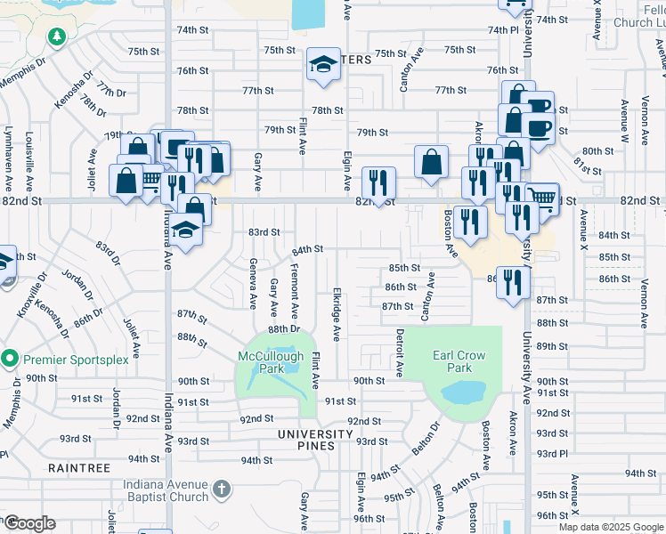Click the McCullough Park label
(x=271, y=361)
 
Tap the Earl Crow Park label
(x=459, y=360)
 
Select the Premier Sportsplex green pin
(x=10, y=360)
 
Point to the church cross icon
(x=222, y=489)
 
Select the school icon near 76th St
(x=324, y=64)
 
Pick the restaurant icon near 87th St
(x=513, y=283)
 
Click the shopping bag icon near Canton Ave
(x=431, y=163)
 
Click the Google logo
(x=29, y=523)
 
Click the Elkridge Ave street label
(x=337, y=313)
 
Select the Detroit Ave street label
(x=399, y=352)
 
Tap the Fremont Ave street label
(x=295, y=287)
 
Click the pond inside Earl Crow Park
(x=461, y=393)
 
